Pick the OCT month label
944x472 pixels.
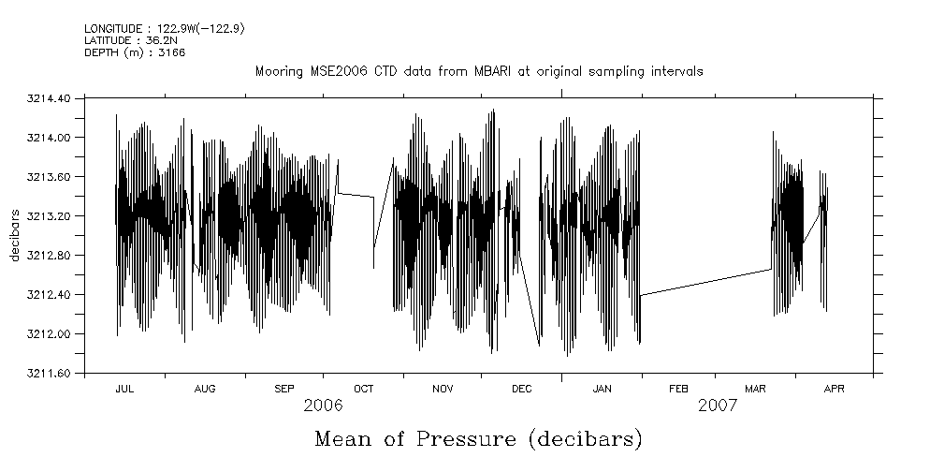[x=363, y=389]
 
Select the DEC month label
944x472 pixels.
[x=522, y=389]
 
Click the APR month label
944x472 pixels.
[x=834, y=389]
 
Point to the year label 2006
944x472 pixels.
[x=324, y=406]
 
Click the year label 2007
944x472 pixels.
[x=718, y=406]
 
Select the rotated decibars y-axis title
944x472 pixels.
[x=15, y=236]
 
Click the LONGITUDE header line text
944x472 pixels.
[x=165, y=29]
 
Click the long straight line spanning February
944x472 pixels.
[x=706, y=282]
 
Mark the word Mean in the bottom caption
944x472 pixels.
[x=348, y=439]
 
